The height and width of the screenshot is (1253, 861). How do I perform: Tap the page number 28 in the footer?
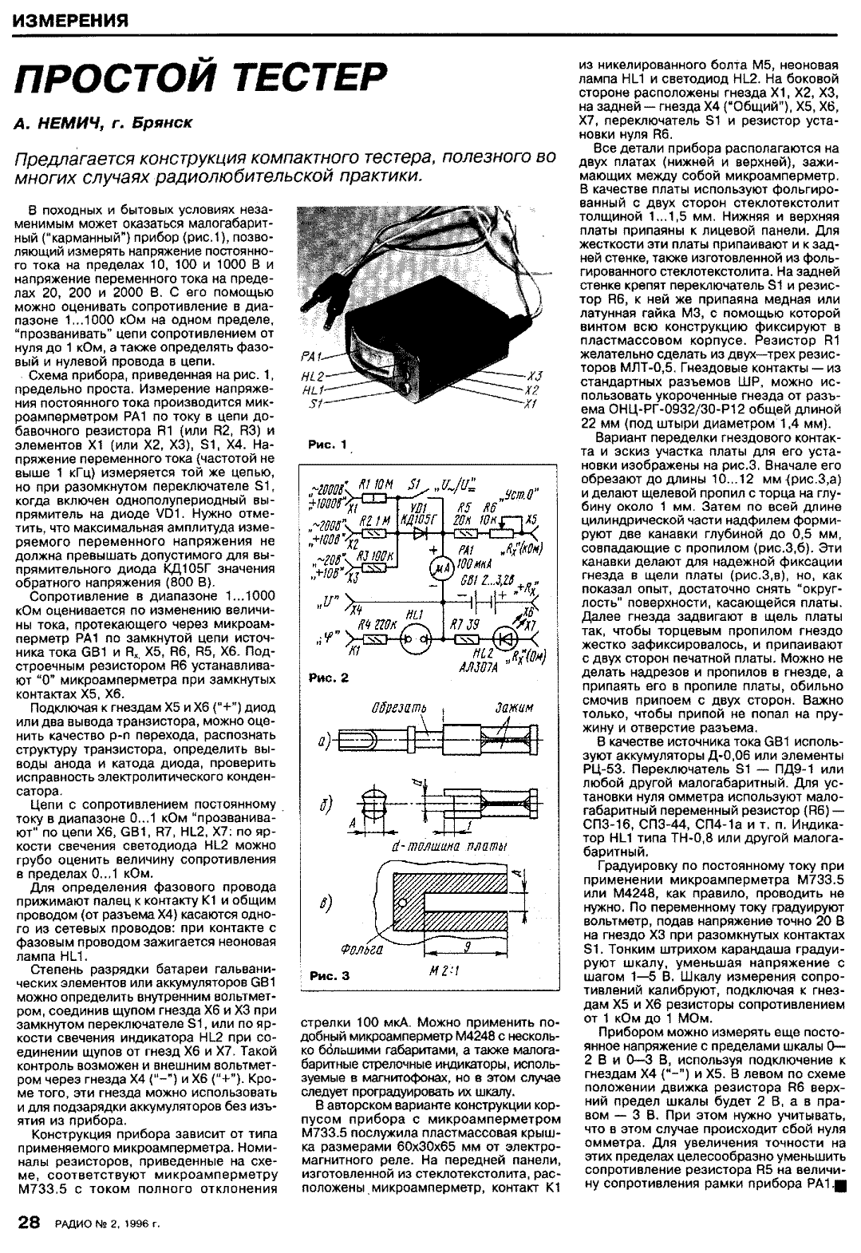(29, 1223)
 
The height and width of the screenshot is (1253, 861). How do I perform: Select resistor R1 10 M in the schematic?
(375, 499)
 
